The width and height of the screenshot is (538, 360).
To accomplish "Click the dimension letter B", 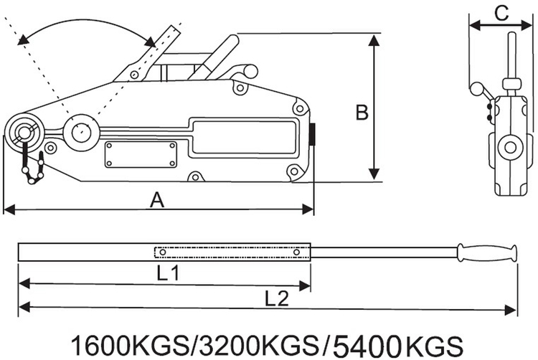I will click(x=362, y=113).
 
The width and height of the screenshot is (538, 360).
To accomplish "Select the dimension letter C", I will click(x=502, y=13).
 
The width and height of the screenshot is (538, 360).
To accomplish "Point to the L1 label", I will click(x=168, y=273).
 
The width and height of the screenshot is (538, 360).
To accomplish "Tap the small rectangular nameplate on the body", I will click(x=141, y=154).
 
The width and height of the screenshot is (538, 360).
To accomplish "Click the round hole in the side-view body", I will click(x=510, y=148).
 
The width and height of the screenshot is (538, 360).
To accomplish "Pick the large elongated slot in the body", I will click(x=245, y=136).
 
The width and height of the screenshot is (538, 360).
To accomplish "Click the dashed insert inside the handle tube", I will click(x=230, y=252).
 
